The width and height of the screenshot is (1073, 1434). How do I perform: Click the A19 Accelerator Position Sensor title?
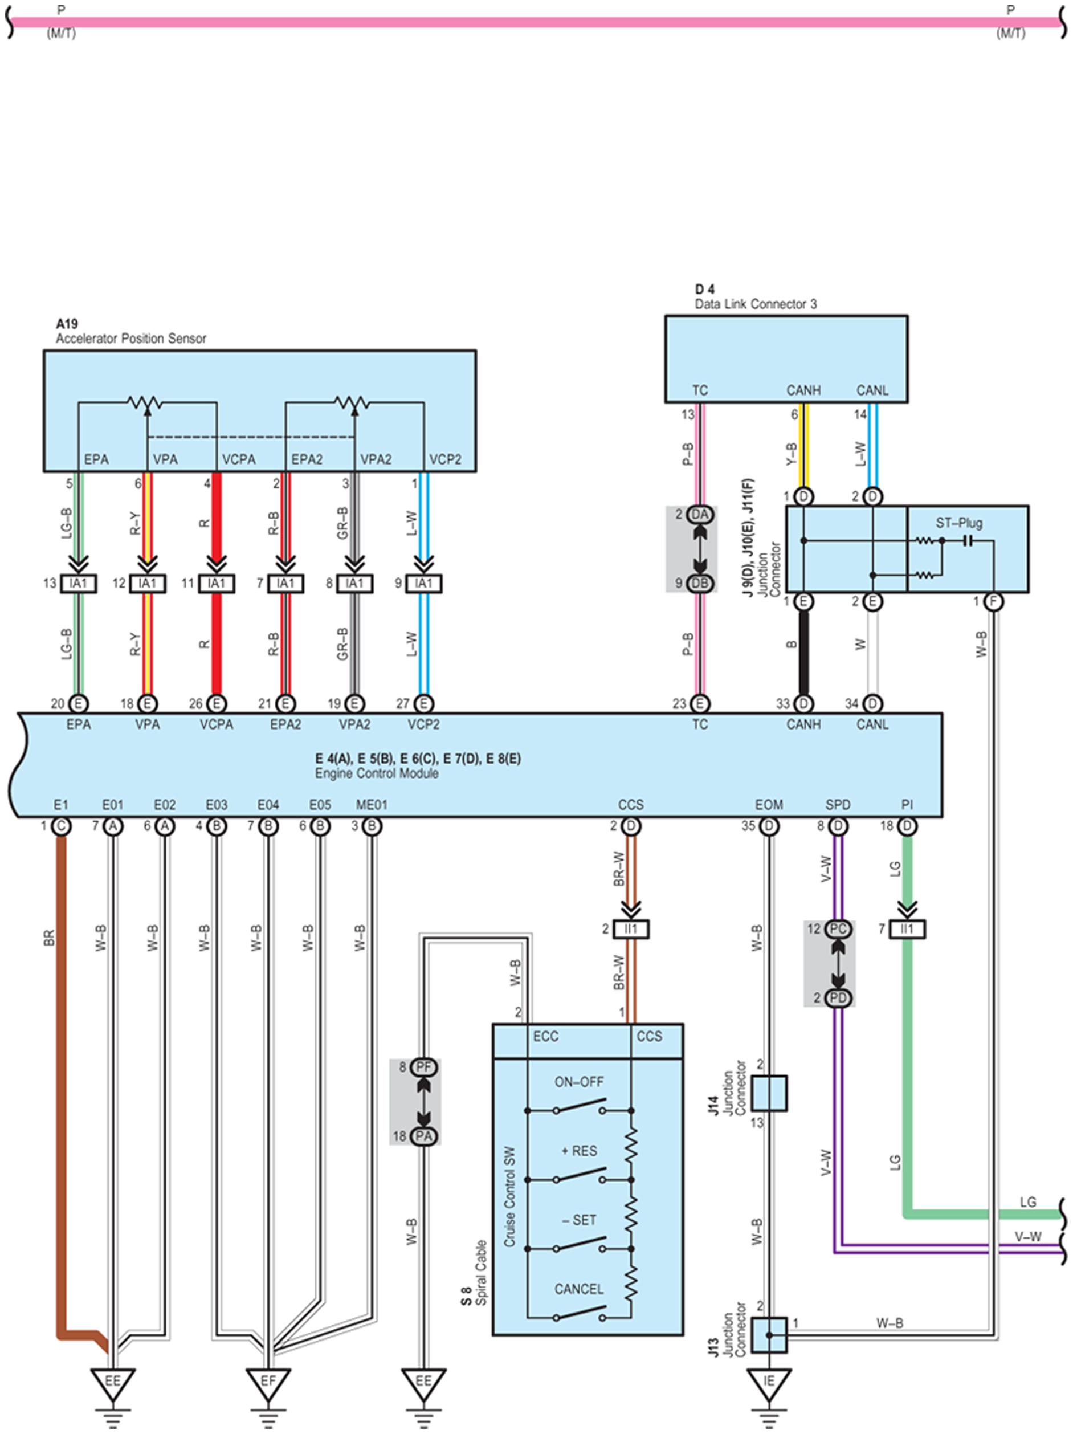pos(131,331)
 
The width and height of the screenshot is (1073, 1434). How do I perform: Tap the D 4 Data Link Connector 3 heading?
pos(755,296)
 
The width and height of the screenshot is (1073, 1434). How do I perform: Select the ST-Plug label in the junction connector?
pos(958,523)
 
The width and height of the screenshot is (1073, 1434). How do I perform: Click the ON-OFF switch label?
pos(579,1082)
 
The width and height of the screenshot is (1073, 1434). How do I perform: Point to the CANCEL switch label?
pos(579,1289)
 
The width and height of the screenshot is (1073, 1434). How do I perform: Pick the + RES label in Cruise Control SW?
pos(579,1151)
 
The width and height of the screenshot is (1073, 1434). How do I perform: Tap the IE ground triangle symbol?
pos(768,1383)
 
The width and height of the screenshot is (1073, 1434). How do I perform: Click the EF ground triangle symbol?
pos(268,1383)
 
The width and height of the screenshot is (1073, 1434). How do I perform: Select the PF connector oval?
pos(423,1066)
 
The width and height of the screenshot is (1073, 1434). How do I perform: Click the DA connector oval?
pos(700,514)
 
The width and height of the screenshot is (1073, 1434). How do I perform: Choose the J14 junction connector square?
pos(769,1093)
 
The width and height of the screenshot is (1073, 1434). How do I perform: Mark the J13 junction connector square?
pos(769,1335)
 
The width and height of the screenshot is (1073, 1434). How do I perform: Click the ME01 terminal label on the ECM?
pos(372,805)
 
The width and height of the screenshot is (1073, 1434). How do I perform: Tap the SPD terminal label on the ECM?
pos(838,805)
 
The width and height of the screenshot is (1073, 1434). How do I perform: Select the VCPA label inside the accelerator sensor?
pos(239,459)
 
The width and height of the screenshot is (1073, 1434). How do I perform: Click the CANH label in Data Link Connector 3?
pos(803,390)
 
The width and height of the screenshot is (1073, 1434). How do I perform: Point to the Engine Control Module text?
pos(377,773)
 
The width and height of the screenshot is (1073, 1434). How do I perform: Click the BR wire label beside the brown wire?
pos(49,938)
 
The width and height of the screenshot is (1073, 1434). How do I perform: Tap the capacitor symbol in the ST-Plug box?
pos(966,540)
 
